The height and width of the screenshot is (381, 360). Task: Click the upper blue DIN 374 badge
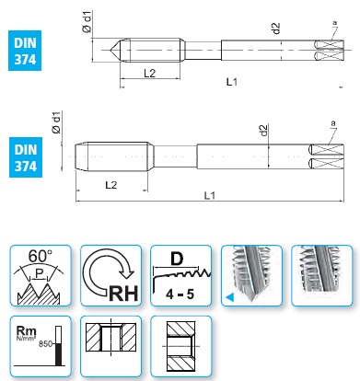tap(25, 51)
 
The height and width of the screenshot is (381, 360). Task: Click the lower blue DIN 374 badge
tap(26, 157)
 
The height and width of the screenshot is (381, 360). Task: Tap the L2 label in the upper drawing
tap(150, 73)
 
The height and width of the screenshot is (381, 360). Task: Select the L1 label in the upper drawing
tap(232, 82)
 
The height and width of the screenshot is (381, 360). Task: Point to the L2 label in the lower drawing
tap(111, 185)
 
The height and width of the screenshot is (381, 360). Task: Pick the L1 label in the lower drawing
tap(210, 195)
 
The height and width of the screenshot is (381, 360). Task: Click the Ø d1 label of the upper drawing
tap(87, 21)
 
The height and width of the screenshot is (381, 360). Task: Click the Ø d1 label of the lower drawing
tap(57, 122)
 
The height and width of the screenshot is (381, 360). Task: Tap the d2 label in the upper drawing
tap(276, 29)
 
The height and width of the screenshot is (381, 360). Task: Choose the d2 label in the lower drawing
tap(263, 130)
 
